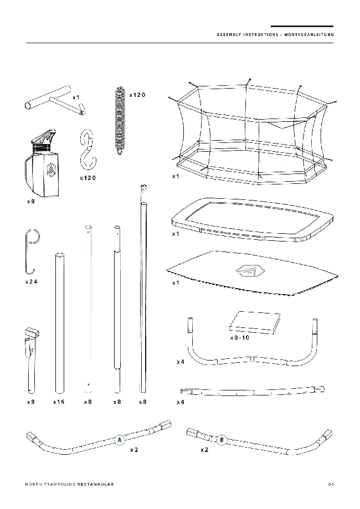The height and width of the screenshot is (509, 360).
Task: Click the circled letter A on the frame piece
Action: click(120, 440)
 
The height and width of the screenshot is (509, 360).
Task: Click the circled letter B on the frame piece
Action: click(222, 440)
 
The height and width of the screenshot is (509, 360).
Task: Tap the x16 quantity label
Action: click(59, 402)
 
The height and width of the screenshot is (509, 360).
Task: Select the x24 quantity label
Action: click(31, 282)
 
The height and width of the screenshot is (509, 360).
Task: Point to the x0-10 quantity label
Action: click(240, 338)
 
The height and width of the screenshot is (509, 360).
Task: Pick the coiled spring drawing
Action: click(120, 121)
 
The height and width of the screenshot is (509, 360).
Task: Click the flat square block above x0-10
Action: click(255, 322)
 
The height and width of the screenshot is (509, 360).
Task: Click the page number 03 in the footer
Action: click(331, 484)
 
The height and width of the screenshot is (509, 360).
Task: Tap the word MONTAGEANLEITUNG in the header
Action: click(309, 34)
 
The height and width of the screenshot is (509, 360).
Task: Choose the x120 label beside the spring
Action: click(137, 95)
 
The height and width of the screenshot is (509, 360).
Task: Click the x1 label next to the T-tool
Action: click(76, 97)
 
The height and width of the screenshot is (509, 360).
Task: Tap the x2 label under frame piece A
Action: click(134, 450)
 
